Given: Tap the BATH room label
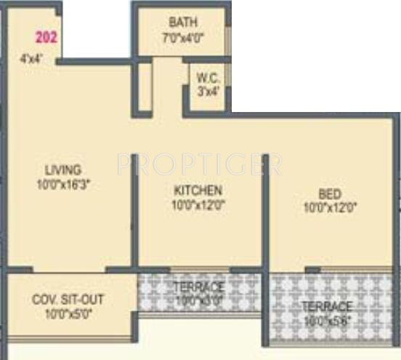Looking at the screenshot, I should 181,22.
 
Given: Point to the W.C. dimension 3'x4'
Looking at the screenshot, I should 208,92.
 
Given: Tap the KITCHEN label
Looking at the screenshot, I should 198,191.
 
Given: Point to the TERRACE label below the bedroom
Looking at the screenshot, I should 329,306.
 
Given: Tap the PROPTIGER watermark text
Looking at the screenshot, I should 200,164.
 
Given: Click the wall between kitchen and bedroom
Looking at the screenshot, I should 265,211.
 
